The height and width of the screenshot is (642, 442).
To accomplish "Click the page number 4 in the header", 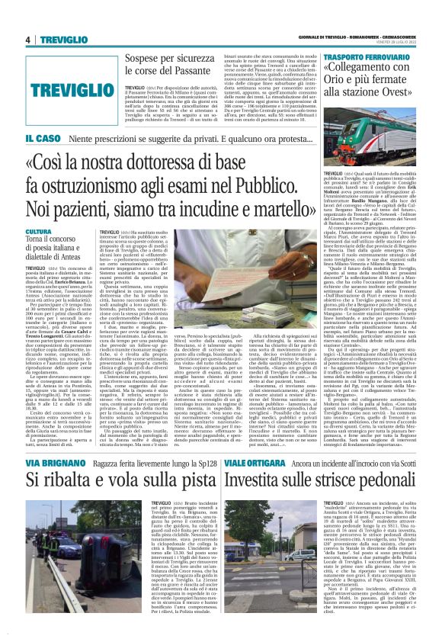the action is coord(27,40).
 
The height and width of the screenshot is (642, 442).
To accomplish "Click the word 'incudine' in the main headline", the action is coord(273,210).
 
